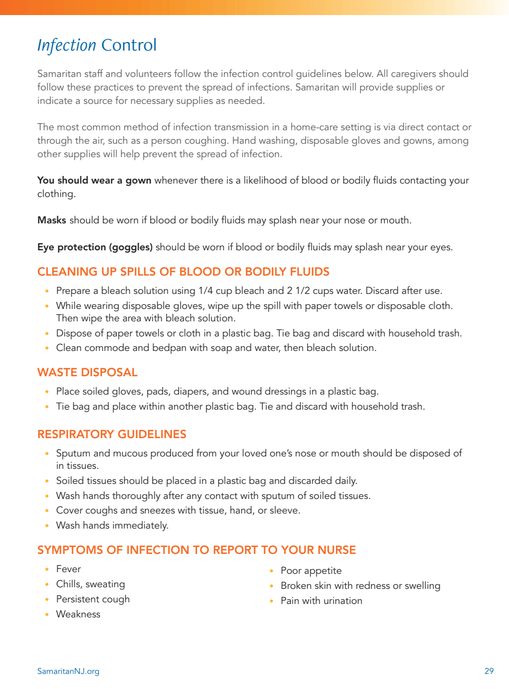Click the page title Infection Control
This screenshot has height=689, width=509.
point(97,45)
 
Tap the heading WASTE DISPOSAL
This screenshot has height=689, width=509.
point(87,372)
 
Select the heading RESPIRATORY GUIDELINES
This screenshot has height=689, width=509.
point(111,434)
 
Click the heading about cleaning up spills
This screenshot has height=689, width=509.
point(183,272)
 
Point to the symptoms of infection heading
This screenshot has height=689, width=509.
point(196,550)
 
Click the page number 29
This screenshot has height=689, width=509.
point(489,671)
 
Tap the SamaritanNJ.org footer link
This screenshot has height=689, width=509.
point(68,671)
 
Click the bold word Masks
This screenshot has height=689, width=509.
point(52,220)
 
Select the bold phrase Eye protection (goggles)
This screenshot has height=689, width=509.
point(95,248)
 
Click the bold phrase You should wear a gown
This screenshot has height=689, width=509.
point(94,181)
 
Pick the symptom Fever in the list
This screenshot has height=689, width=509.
point(68,569)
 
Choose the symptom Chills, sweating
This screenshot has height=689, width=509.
point(90,584)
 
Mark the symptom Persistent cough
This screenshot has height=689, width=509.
point(93,599)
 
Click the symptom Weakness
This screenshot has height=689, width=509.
point(78,614)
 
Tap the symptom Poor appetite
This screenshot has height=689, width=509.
point(311,571)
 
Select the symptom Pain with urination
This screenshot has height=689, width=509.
point(321,601)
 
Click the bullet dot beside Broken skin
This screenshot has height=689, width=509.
point(272,586)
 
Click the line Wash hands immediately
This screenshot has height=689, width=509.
point(112,525)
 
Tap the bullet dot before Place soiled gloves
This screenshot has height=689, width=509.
point(48,392)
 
